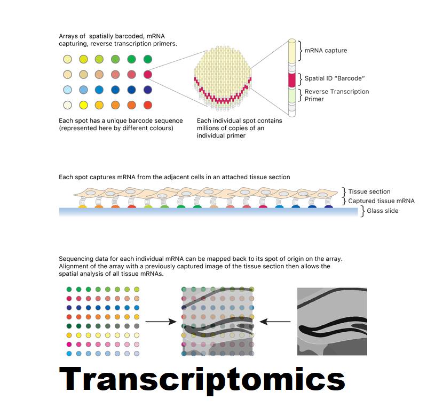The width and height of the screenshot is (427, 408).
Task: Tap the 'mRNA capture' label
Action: coord(326,51)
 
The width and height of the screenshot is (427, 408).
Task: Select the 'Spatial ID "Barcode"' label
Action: coord(335,78)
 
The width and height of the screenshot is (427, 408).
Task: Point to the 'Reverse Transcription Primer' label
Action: coord(337,95)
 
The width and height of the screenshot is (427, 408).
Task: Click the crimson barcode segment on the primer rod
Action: coord(292,80)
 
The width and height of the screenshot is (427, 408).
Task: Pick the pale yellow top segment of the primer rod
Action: coord(292,52)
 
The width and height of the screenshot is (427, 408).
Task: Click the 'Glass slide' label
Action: coord(382,211)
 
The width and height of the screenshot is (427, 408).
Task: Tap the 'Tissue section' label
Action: coord(369,191)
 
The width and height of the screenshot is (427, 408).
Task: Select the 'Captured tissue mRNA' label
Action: coord(381,201)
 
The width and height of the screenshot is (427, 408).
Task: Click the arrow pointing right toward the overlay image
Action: coord(161,322)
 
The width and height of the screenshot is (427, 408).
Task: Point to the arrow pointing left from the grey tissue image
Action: coord(275,322)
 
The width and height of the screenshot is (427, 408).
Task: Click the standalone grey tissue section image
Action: coord(332,322)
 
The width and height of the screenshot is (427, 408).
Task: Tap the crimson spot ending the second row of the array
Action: coord(148,74)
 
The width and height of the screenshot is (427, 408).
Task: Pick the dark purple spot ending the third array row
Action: coord(148,90)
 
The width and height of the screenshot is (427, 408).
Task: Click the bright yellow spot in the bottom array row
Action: coord(83,105)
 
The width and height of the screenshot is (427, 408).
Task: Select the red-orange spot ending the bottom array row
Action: coord(148,105)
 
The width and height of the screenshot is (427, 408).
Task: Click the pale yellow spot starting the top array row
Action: coord(68,59)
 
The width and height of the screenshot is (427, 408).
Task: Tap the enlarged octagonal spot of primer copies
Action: coord(223,79)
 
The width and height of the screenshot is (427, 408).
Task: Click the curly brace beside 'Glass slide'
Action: coord(362,211)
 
